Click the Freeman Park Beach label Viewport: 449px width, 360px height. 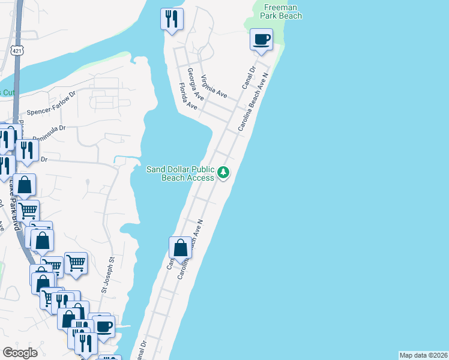(282, 11)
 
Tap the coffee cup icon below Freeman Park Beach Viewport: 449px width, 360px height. (261, 40)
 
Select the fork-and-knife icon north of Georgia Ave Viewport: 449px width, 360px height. (172, 19)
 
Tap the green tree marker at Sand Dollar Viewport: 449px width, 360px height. (223, 173)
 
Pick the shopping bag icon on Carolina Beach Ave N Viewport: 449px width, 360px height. (180, 248)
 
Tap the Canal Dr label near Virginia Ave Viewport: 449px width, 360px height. (249, 79)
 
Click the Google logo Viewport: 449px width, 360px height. (19, 353)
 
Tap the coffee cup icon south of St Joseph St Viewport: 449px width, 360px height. (104, 327)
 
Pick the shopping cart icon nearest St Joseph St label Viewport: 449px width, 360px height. (76, 263)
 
